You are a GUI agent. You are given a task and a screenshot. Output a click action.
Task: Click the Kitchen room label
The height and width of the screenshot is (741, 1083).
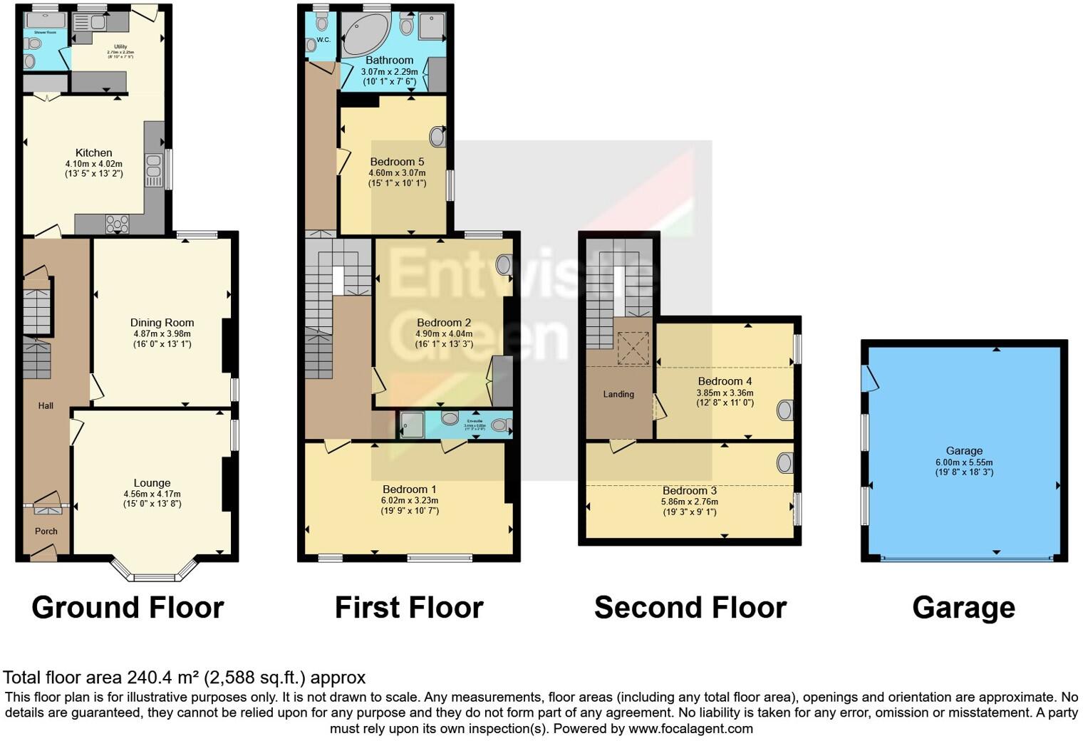[x=94, y=152]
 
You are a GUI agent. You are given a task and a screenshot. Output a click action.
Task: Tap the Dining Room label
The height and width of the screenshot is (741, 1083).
[x=162, y=323]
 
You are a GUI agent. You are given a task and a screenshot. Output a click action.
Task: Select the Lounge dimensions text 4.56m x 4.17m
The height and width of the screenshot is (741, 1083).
[x=152, y=494]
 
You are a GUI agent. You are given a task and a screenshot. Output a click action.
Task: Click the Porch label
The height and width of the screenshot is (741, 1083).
[x=46, y=531]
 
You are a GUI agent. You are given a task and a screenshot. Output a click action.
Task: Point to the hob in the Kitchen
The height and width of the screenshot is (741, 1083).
[x=118, y=224]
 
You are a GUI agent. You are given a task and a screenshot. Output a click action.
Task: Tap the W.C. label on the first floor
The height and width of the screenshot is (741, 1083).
[x=323, y=40]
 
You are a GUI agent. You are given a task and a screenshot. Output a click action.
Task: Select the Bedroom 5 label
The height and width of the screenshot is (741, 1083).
[x=397, y=162]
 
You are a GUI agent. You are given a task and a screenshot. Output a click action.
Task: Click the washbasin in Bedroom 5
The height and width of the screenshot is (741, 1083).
[x=437, y=137]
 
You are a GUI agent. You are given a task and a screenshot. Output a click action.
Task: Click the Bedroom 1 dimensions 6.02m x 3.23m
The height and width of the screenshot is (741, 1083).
[x=410, y=500]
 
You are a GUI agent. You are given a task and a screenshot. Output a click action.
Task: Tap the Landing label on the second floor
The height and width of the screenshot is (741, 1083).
[x=618, y=394]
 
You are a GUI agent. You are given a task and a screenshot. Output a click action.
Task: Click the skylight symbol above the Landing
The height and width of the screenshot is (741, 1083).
[x=633, y=348]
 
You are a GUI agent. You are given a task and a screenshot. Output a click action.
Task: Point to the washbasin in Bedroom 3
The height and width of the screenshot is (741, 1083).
[x=784, y=463]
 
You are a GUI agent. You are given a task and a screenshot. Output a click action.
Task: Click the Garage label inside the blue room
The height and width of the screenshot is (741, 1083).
[x=964, y=450]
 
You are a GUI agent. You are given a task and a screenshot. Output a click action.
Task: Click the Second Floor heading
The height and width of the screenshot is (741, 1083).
[x=690, y=608]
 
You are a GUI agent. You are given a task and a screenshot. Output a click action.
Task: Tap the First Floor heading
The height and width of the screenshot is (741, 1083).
[x=409, y=608]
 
